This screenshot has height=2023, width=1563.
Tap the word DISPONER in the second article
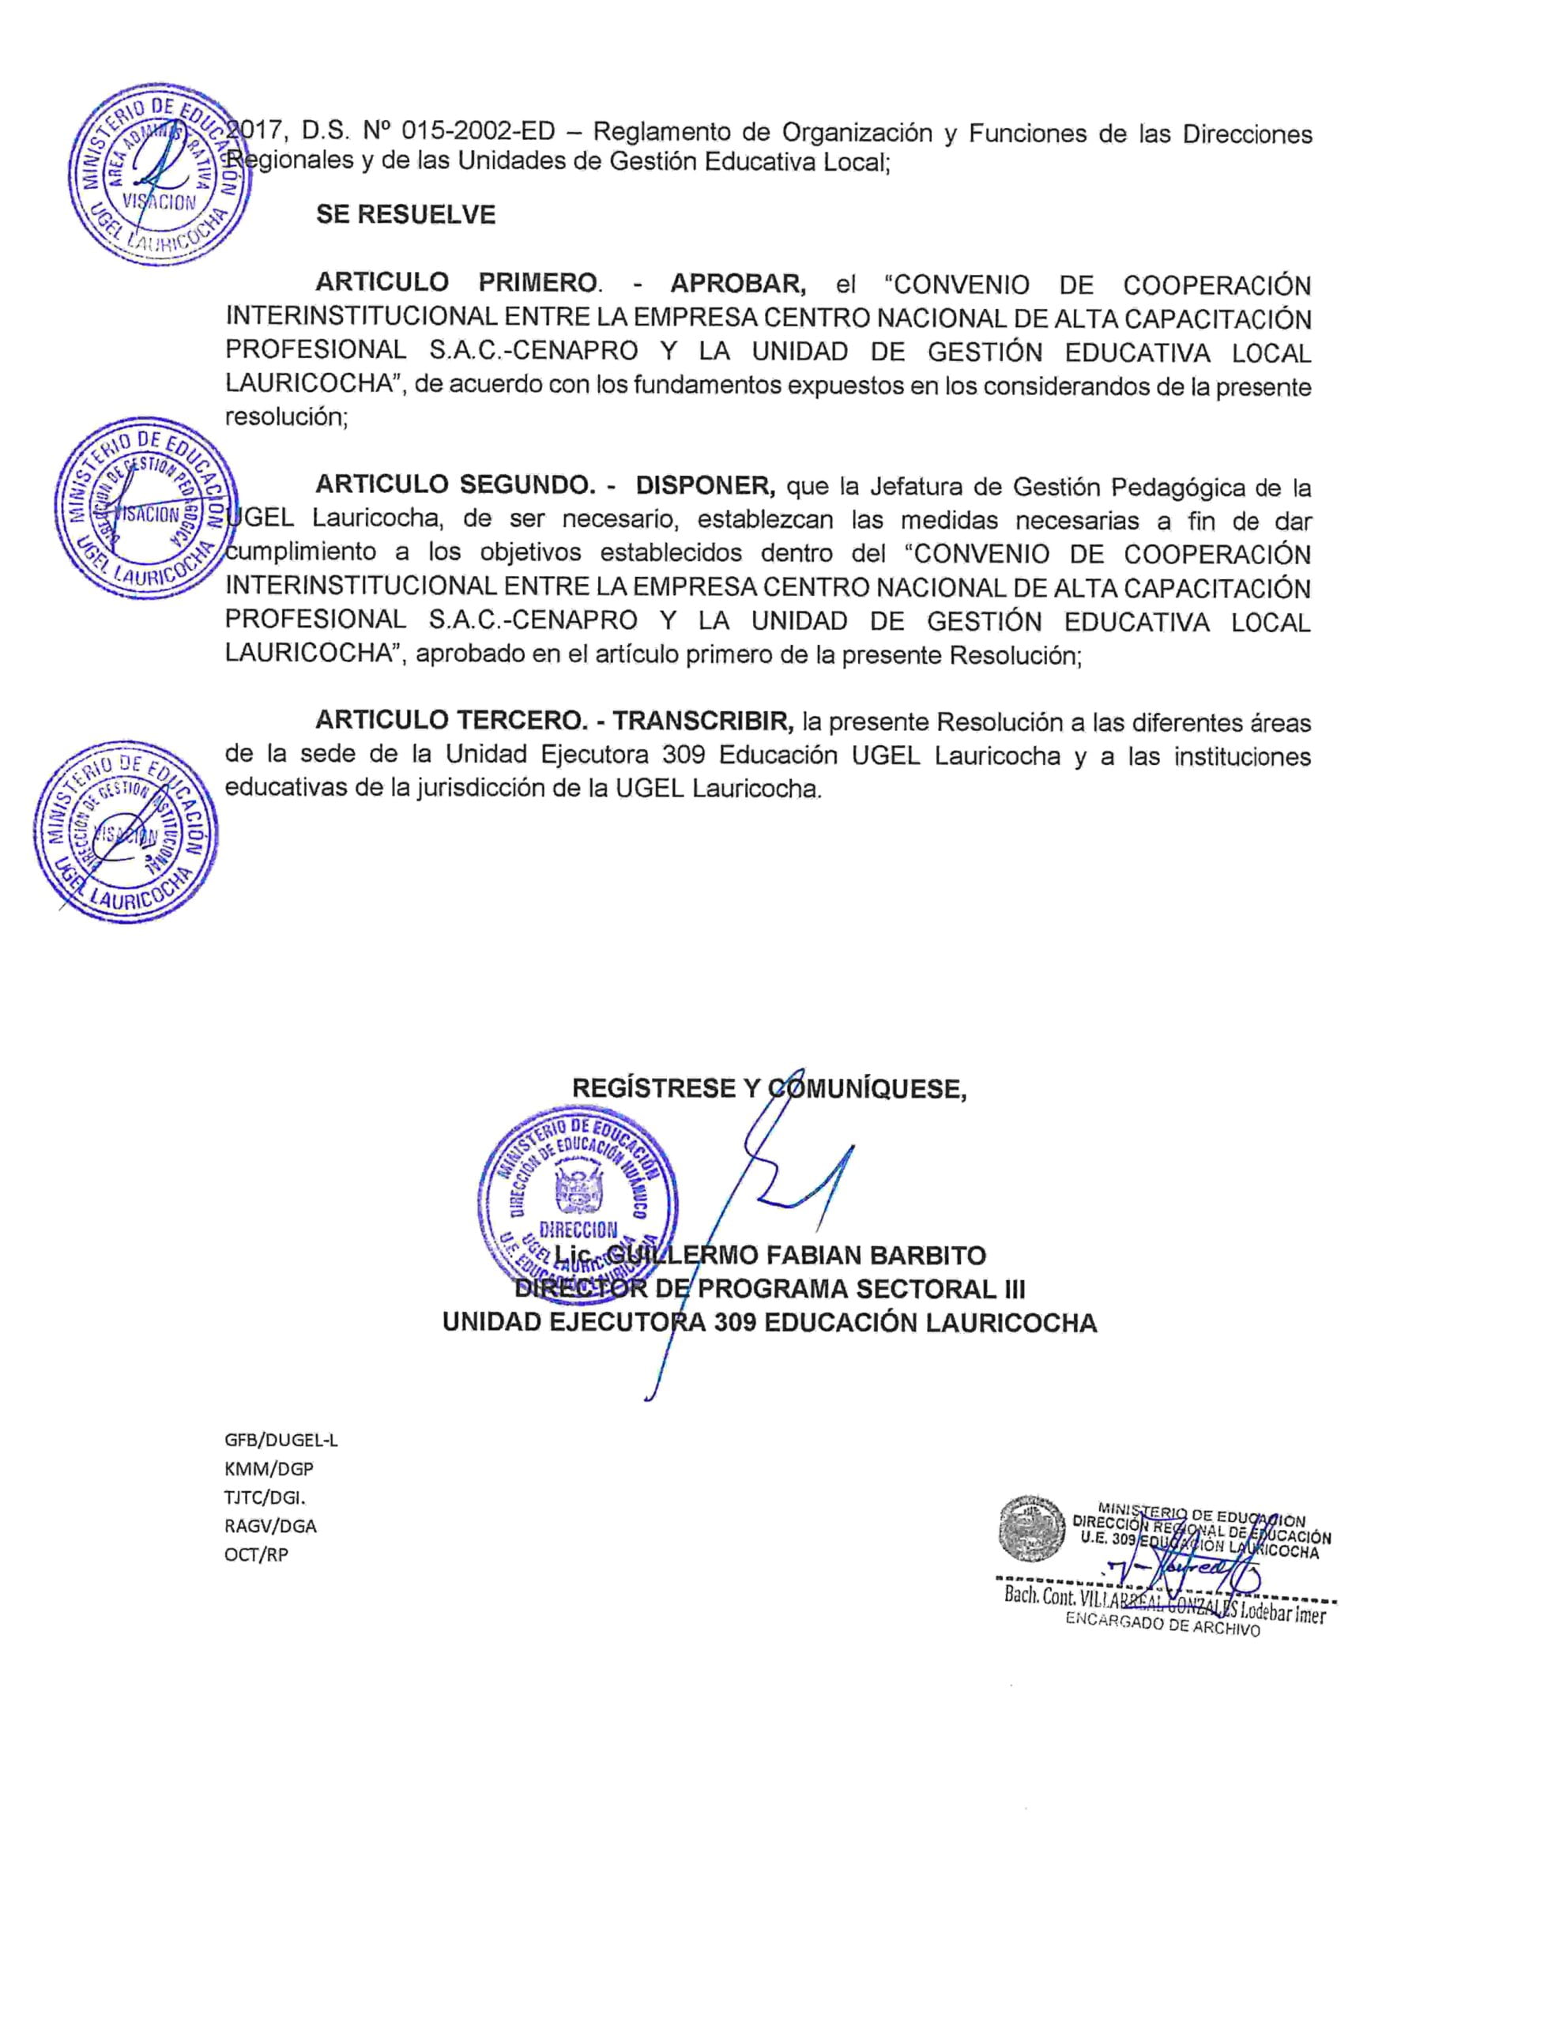pos(704,485)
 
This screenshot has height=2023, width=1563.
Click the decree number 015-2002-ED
pos(478,133)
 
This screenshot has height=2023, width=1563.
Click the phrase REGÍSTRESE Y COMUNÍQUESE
pos(769,1088)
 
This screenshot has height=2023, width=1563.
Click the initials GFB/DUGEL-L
pos(281,1441)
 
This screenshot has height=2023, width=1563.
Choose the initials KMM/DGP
pos(269,1469)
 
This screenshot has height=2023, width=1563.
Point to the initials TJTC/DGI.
pos(265,1497)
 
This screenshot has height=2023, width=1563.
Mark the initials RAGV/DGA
pos(269,1526)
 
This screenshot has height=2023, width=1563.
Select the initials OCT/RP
pos(256,1554)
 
